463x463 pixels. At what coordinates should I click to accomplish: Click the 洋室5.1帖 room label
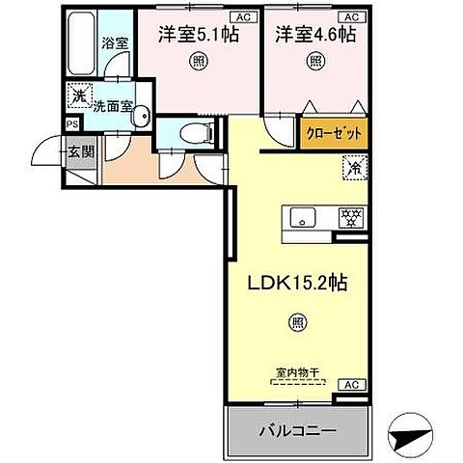pyautogui.click(x=198, y=34)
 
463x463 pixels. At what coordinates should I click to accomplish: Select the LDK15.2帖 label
pyautogui.click(x=299, y=286)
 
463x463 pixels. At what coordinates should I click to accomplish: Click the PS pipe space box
pyautogui.click(x=71, y=123)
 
